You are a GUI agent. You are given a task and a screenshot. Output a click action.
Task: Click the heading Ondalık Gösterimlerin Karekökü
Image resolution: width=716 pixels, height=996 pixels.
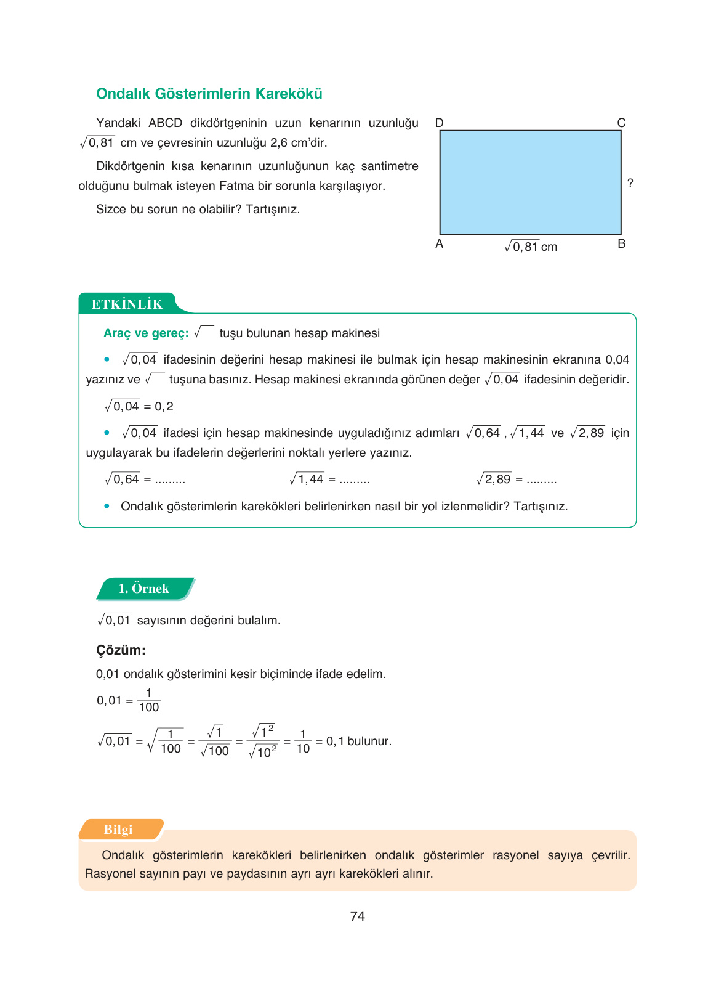click(209, 94)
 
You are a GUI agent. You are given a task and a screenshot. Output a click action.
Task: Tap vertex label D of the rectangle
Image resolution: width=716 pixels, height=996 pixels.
click(439, 123)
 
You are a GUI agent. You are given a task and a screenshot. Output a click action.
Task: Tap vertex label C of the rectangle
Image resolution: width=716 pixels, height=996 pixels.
click(621, 123)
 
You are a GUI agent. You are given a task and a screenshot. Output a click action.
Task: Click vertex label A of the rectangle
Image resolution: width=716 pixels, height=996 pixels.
click(439, 243)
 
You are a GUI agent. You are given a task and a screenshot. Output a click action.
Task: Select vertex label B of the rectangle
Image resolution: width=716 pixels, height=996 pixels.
click(621, 243)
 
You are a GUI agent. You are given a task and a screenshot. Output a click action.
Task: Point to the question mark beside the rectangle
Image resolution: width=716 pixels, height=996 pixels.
click(630, 183)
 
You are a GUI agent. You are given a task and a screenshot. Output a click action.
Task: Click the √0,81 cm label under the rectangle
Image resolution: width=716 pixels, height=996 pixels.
click(530, 247)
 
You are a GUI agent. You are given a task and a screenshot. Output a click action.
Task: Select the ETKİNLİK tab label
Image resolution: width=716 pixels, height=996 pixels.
click(127, 304)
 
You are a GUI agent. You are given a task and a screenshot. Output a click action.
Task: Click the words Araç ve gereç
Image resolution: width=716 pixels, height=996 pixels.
click(145, 333)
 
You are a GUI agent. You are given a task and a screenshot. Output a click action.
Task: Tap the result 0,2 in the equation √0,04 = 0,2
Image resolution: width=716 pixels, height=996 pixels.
click(164, 406)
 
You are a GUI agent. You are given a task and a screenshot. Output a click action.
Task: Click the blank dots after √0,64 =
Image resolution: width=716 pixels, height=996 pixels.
click(170, 480)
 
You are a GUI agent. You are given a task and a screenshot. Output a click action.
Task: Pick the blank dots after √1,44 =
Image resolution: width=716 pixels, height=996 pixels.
click(354, 480)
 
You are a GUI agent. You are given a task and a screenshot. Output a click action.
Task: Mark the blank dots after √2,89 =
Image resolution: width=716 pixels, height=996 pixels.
click(542, 480)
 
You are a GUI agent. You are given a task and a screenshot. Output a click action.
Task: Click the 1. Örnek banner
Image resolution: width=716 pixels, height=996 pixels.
click(144, 589)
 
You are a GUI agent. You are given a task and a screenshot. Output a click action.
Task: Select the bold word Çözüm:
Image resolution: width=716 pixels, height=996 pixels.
click(121, 650)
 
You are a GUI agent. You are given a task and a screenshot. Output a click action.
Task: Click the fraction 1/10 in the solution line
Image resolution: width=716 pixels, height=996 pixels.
click(303, 741)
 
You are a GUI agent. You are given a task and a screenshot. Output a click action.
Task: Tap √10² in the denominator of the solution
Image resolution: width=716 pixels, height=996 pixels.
click(263, 752)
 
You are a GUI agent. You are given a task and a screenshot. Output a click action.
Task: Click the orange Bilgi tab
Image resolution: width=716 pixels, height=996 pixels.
click(118, 830)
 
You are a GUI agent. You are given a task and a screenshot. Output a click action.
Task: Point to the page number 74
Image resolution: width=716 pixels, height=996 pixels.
click(357, 916)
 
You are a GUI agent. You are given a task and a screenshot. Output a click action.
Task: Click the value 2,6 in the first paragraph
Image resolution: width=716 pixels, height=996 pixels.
click(278, 142)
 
